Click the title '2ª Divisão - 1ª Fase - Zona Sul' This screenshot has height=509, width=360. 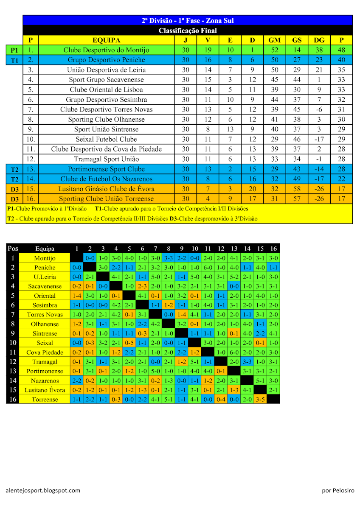point(188,20)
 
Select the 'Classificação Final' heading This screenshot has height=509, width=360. point(188,31)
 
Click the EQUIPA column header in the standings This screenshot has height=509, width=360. point(106,40)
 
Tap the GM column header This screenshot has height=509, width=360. point(275,40)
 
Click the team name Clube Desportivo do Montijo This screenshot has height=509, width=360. point(106,50)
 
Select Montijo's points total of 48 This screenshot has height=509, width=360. point(341,50)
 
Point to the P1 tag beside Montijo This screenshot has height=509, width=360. point(14,50)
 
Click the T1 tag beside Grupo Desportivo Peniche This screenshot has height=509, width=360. point(14,60)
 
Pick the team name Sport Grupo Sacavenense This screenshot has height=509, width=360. point(106,80)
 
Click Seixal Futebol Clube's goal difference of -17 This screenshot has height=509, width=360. point(319,139)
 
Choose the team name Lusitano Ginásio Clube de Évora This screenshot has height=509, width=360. point(106,189)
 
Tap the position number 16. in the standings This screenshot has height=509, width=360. point(31,199)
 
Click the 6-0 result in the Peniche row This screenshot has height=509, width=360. point(208,267)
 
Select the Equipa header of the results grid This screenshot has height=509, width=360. point(45,249)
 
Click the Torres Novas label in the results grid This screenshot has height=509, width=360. point(45,314)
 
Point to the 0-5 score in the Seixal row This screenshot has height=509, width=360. point(129,343)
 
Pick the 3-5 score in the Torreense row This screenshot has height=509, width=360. point(260,399)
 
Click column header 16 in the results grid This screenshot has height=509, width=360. point(273,249)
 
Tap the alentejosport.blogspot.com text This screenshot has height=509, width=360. point(43,490)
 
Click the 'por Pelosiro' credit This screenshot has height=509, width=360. point(338,490)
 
